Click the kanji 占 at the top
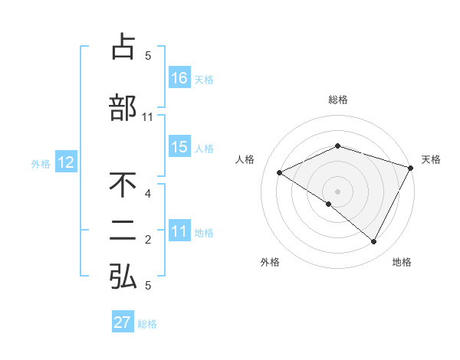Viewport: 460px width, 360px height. pyautogui.click(x=123, y=47)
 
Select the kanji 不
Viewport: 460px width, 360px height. pyautogui.click(x=123, y=185)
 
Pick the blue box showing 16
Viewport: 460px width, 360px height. pyautogui.click(x=179, y=78)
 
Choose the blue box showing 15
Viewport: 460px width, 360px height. pyautogui.click(x=179, y=147)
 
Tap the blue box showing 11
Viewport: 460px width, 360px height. pyautogui.click(x=179, y=232)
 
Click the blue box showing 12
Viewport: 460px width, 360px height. pyautogui.click(x=65, y=162)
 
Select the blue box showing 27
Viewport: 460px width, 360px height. pyautogui.click(x=123, y=322)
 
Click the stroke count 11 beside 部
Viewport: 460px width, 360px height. pyautogui.click(x=148, y=117)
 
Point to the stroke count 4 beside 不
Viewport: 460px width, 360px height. pyautogui.click(x=148, y=194)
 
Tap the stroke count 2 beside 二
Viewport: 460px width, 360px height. pyautogui.click(x=148, y=241)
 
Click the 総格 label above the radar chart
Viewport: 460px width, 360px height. pyautogui.click(x=338, y=100)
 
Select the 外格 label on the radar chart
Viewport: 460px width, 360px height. pyautogui.click(x=270, y=262)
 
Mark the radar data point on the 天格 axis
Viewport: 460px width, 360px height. pyautogui.click(x=412, y=168)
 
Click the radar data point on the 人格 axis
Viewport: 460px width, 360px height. pyautogui.click(x=280, y=173)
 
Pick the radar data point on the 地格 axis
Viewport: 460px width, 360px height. pyautogui.click(x=374, y=242)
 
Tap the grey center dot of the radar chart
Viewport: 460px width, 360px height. pyautogui.click(x=337, y=191)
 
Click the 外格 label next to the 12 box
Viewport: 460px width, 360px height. pyautogui.click(x=41, y=163)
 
